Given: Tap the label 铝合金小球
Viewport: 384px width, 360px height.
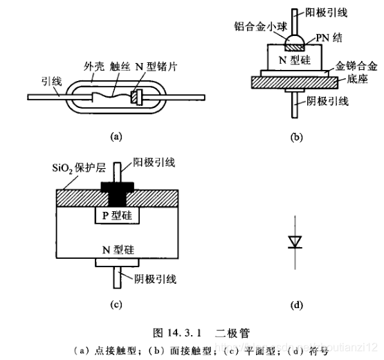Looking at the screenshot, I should tap(262, 26).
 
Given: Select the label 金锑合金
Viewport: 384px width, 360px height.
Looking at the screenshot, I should tap(355, 67).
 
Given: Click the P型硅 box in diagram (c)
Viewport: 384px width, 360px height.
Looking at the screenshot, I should tap(116, 215).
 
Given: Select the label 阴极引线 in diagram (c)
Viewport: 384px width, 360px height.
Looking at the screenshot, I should tap(152, 279).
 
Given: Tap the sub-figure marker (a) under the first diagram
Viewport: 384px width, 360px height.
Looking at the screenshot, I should tap(116, 137).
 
